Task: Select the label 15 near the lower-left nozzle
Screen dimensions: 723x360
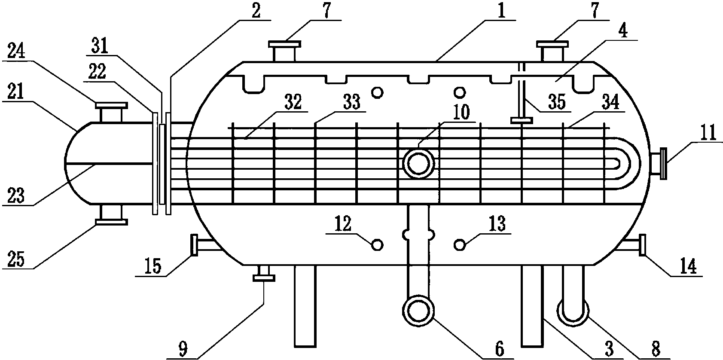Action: point(153,267)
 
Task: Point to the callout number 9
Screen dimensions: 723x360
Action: point(183,350)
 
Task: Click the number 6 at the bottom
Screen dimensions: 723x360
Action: point(499,349)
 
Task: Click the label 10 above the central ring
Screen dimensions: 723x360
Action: point(461,113)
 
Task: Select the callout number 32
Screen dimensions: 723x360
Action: point(293,102)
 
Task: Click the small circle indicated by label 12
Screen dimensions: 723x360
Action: point(377,245)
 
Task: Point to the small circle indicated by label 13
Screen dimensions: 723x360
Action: point(460,245)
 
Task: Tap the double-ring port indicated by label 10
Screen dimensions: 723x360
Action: point(418,163)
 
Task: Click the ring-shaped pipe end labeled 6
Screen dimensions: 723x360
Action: point(418,311)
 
